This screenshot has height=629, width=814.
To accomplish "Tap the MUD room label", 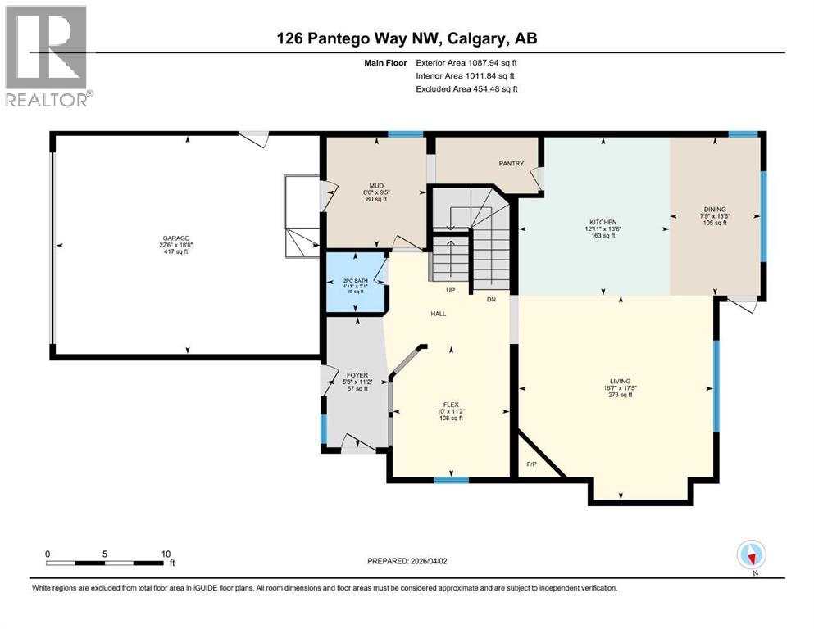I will point(376,186).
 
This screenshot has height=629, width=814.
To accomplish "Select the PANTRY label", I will point(511,164).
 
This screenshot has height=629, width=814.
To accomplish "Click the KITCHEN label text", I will point(603,221).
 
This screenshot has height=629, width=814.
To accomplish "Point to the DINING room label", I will point(714,210).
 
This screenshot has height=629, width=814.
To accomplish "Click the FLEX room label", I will point(450,404).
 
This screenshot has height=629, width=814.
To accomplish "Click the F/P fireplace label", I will point(531,464).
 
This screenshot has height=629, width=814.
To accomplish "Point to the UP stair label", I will point(450,290).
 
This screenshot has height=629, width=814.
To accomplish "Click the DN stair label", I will point(492,299).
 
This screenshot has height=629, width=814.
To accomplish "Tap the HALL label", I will point(439,314).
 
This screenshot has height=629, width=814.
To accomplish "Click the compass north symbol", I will point(751,555).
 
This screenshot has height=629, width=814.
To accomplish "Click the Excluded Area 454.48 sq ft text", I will point(466,88).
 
